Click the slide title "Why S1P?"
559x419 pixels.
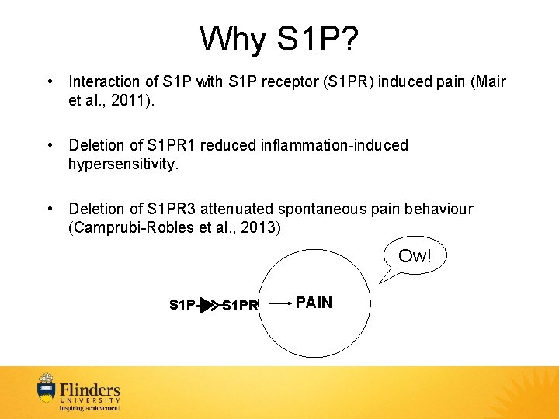pos(279,39)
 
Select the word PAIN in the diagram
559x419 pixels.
pos(314,303)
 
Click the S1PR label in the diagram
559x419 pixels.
pos(240,306)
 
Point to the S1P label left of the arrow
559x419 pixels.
pos(182,305)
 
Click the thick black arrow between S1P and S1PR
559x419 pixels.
pos(205,305)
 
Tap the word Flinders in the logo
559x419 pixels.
pos(90,390)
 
